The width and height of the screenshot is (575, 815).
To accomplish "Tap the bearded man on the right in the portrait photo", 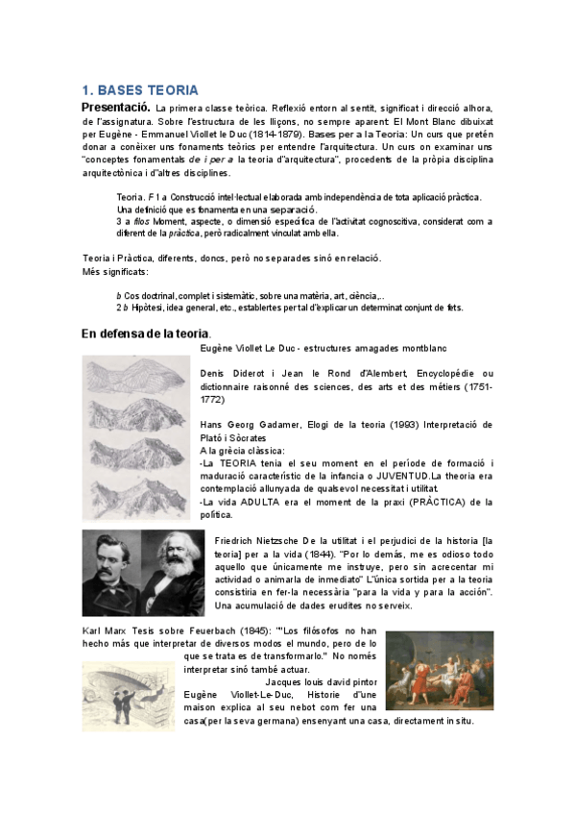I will (x=173, y=567).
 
